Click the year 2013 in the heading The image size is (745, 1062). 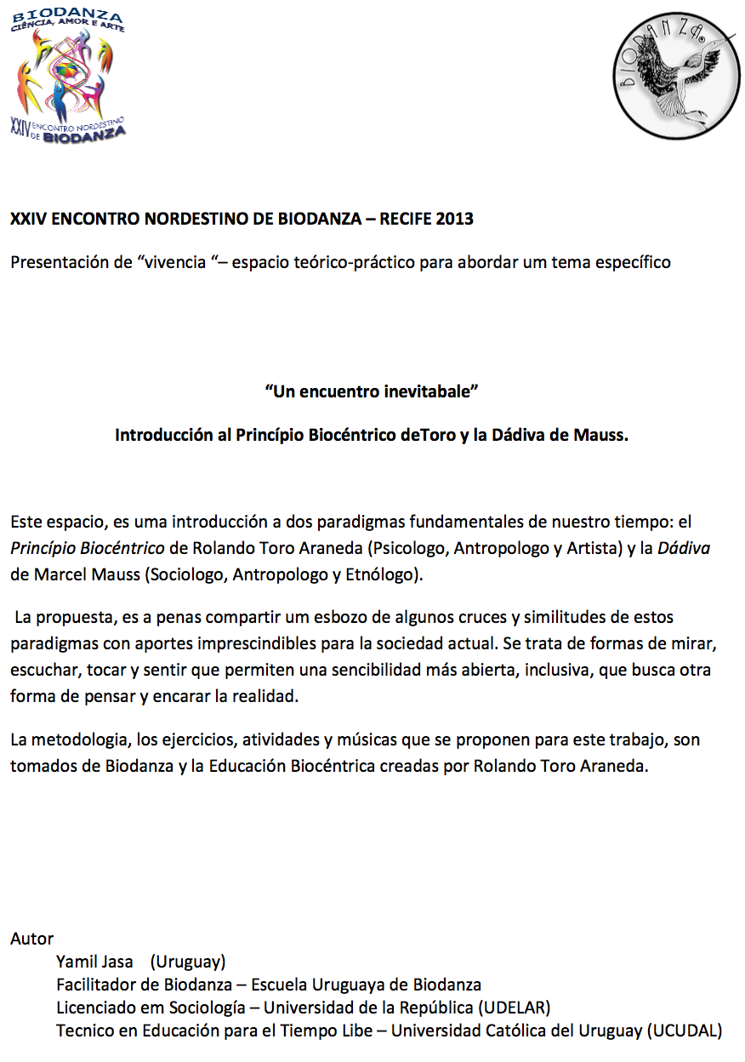click(x=454, y=219)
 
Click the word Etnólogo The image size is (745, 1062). click(x=383, y=574)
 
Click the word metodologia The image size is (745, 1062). click(x=80, y=739)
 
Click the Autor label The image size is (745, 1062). click(x=31, y=939)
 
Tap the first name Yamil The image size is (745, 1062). click(x=77, y=962)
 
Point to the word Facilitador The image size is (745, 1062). click(x=96, y=985)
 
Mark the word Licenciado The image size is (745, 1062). click(x=94, y=1008)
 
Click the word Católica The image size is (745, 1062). click(x=499, y=1031)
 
